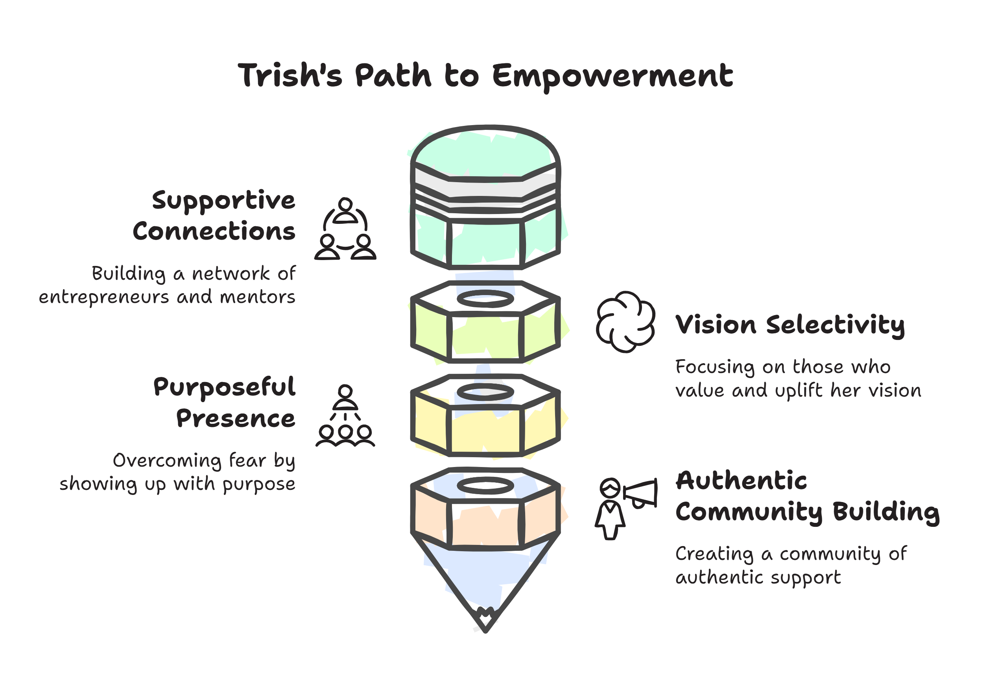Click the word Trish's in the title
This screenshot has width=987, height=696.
290,75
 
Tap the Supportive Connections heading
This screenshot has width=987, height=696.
214,216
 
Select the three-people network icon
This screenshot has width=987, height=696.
345,229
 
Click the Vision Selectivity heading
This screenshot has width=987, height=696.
790,325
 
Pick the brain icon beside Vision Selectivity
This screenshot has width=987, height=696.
626,321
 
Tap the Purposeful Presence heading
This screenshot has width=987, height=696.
224,403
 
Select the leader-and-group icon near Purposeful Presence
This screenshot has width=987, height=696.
345,416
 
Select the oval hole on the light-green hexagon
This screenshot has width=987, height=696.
485,299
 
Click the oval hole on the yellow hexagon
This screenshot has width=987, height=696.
485,392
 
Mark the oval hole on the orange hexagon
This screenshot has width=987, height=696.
485,486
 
